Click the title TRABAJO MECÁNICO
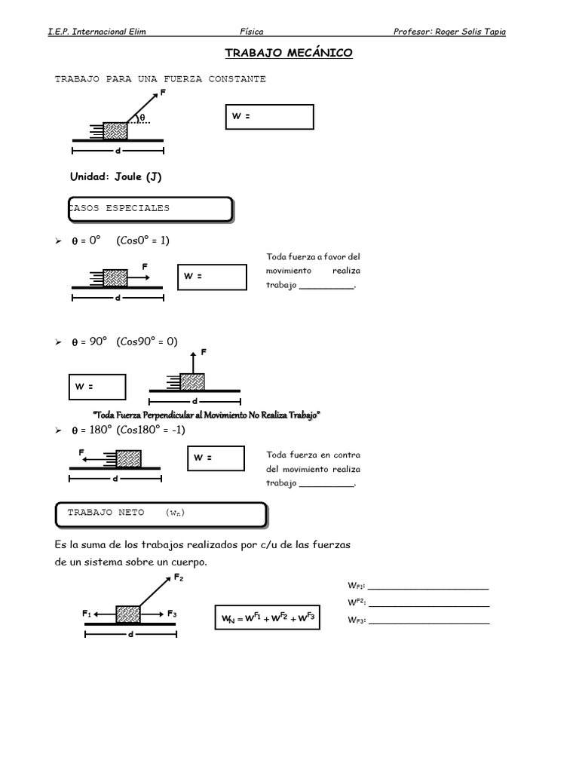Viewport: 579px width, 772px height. pyautogui.click(x=289, y=53)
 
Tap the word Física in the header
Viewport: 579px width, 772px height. pyautogui.click(x=252, y=32)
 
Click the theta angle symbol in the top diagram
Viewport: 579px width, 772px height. pyautogui.click(x=142, y=118)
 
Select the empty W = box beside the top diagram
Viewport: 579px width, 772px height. pyautogui.click(x=269, y=117)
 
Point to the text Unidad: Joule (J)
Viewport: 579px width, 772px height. pyautogui.click(x=115, y=176)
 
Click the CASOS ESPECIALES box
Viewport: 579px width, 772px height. pyautogui.click(x=150, y=210)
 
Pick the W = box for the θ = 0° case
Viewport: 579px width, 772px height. pyautogui.click(x=212, y=277)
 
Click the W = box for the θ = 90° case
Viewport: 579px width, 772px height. pyautogui.click(x=97, y=387)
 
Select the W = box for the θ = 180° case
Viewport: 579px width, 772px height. pyautogui.click(x=216, y=458)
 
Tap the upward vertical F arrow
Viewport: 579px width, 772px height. pyautogui.click(x=193, y=363)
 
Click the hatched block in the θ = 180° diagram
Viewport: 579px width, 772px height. pyautogui.click(x=128, y=459)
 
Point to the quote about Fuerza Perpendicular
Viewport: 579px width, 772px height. pyautogui.click(x=207, y=415)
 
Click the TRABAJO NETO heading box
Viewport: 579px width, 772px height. pyautogui.click(x=161, y=515)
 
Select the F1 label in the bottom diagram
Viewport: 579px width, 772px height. pyautogui.click(x=87, y=614)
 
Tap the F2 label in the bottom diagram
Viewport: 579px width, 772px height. pyautogui.click(x=179, y=577)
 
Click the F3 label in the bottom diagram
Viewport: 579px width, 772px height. pyautogui.click(x=172, y=614)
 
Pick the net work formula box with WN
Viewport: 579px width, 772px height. pyautogui.click(x=268, y=617)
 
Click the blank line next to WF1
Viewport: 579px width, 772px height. pyautogui.click(x=428, y=588)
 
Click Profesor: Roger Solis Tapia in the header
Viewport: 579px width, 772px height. pyautogui.click(x=449, y=32)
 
